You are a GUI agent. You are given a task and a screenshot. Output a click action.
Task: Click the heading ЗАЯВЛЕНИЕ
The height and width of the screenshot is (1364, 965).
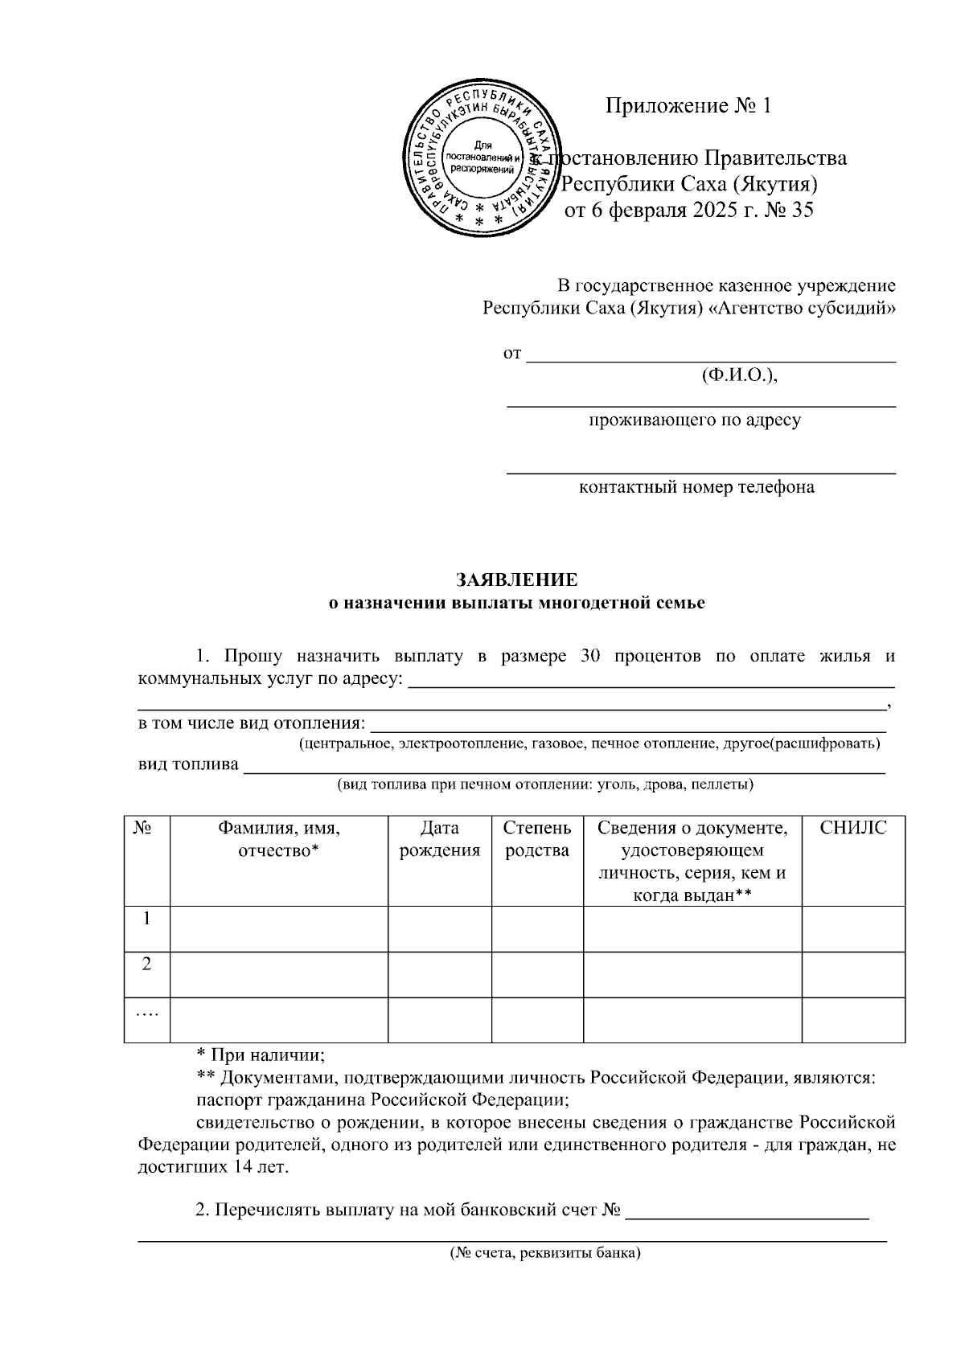[516, 580]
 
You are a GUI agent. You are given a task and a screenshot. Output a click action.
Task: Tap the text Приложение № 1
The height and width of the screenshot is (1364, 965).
[688, 106]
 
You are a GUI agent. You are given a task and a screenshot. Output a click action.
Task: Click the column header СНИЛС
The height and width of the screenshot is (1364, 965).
[852, 829]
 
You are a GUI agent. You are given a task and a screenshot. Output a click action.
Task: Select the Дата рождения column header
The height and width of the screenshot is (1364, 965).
[439, 839]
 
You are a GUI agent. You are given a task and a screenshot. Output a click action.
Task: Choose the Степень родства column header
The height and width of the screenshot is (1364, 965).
[537, 839]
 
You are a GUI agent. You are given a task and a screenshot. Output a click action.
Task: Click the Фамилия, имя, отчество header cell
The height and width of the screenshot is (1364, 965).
[278, 839]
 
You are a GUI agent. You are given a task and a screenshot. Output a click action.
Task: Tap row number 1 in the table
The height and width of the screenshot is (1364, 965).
[146, 919]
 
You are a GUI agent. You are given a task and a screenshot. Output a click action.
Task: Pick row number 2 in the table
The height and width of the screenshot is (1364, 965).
[146, 965]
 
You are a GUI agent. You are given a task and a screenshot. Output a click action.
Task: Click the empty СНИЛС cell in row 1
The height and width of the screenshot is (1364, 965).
[852, 928]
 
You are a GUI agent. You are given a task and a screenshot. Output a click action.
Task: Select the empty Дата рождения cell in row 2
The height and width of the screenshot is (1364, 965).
[439, 974]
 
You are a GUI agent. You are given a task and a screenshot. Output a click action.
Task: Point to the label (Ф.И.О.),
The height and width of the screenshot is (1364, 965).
[739, 375]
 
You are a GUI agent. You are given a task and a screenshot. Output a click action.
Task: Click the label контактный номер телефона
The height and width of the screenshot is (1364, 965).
[696, 487]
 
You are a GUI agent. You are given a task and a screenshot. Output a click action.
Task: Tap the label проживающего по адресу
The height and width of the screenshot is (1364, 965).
[695, 420]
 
